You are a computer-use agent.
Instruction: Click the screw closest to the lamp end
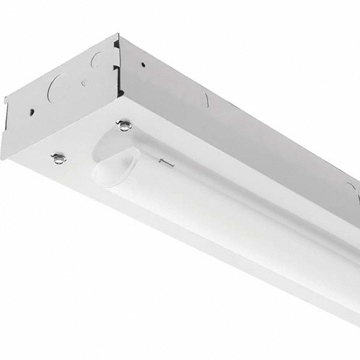point(124,126)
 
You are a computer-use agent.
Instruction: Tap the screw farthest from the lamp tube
point(59,158)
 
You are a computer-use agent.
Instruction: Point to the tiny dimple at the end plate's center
point(83,83)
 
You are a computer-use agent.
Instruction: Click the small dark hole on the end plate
point(32,112)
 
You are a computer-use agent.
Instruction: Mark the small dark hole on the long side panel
point(143,64)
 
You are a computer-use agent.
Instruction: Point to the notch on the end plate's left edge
point(6,102)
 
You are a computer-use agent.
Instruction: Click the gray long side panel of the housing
point(240,120)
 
